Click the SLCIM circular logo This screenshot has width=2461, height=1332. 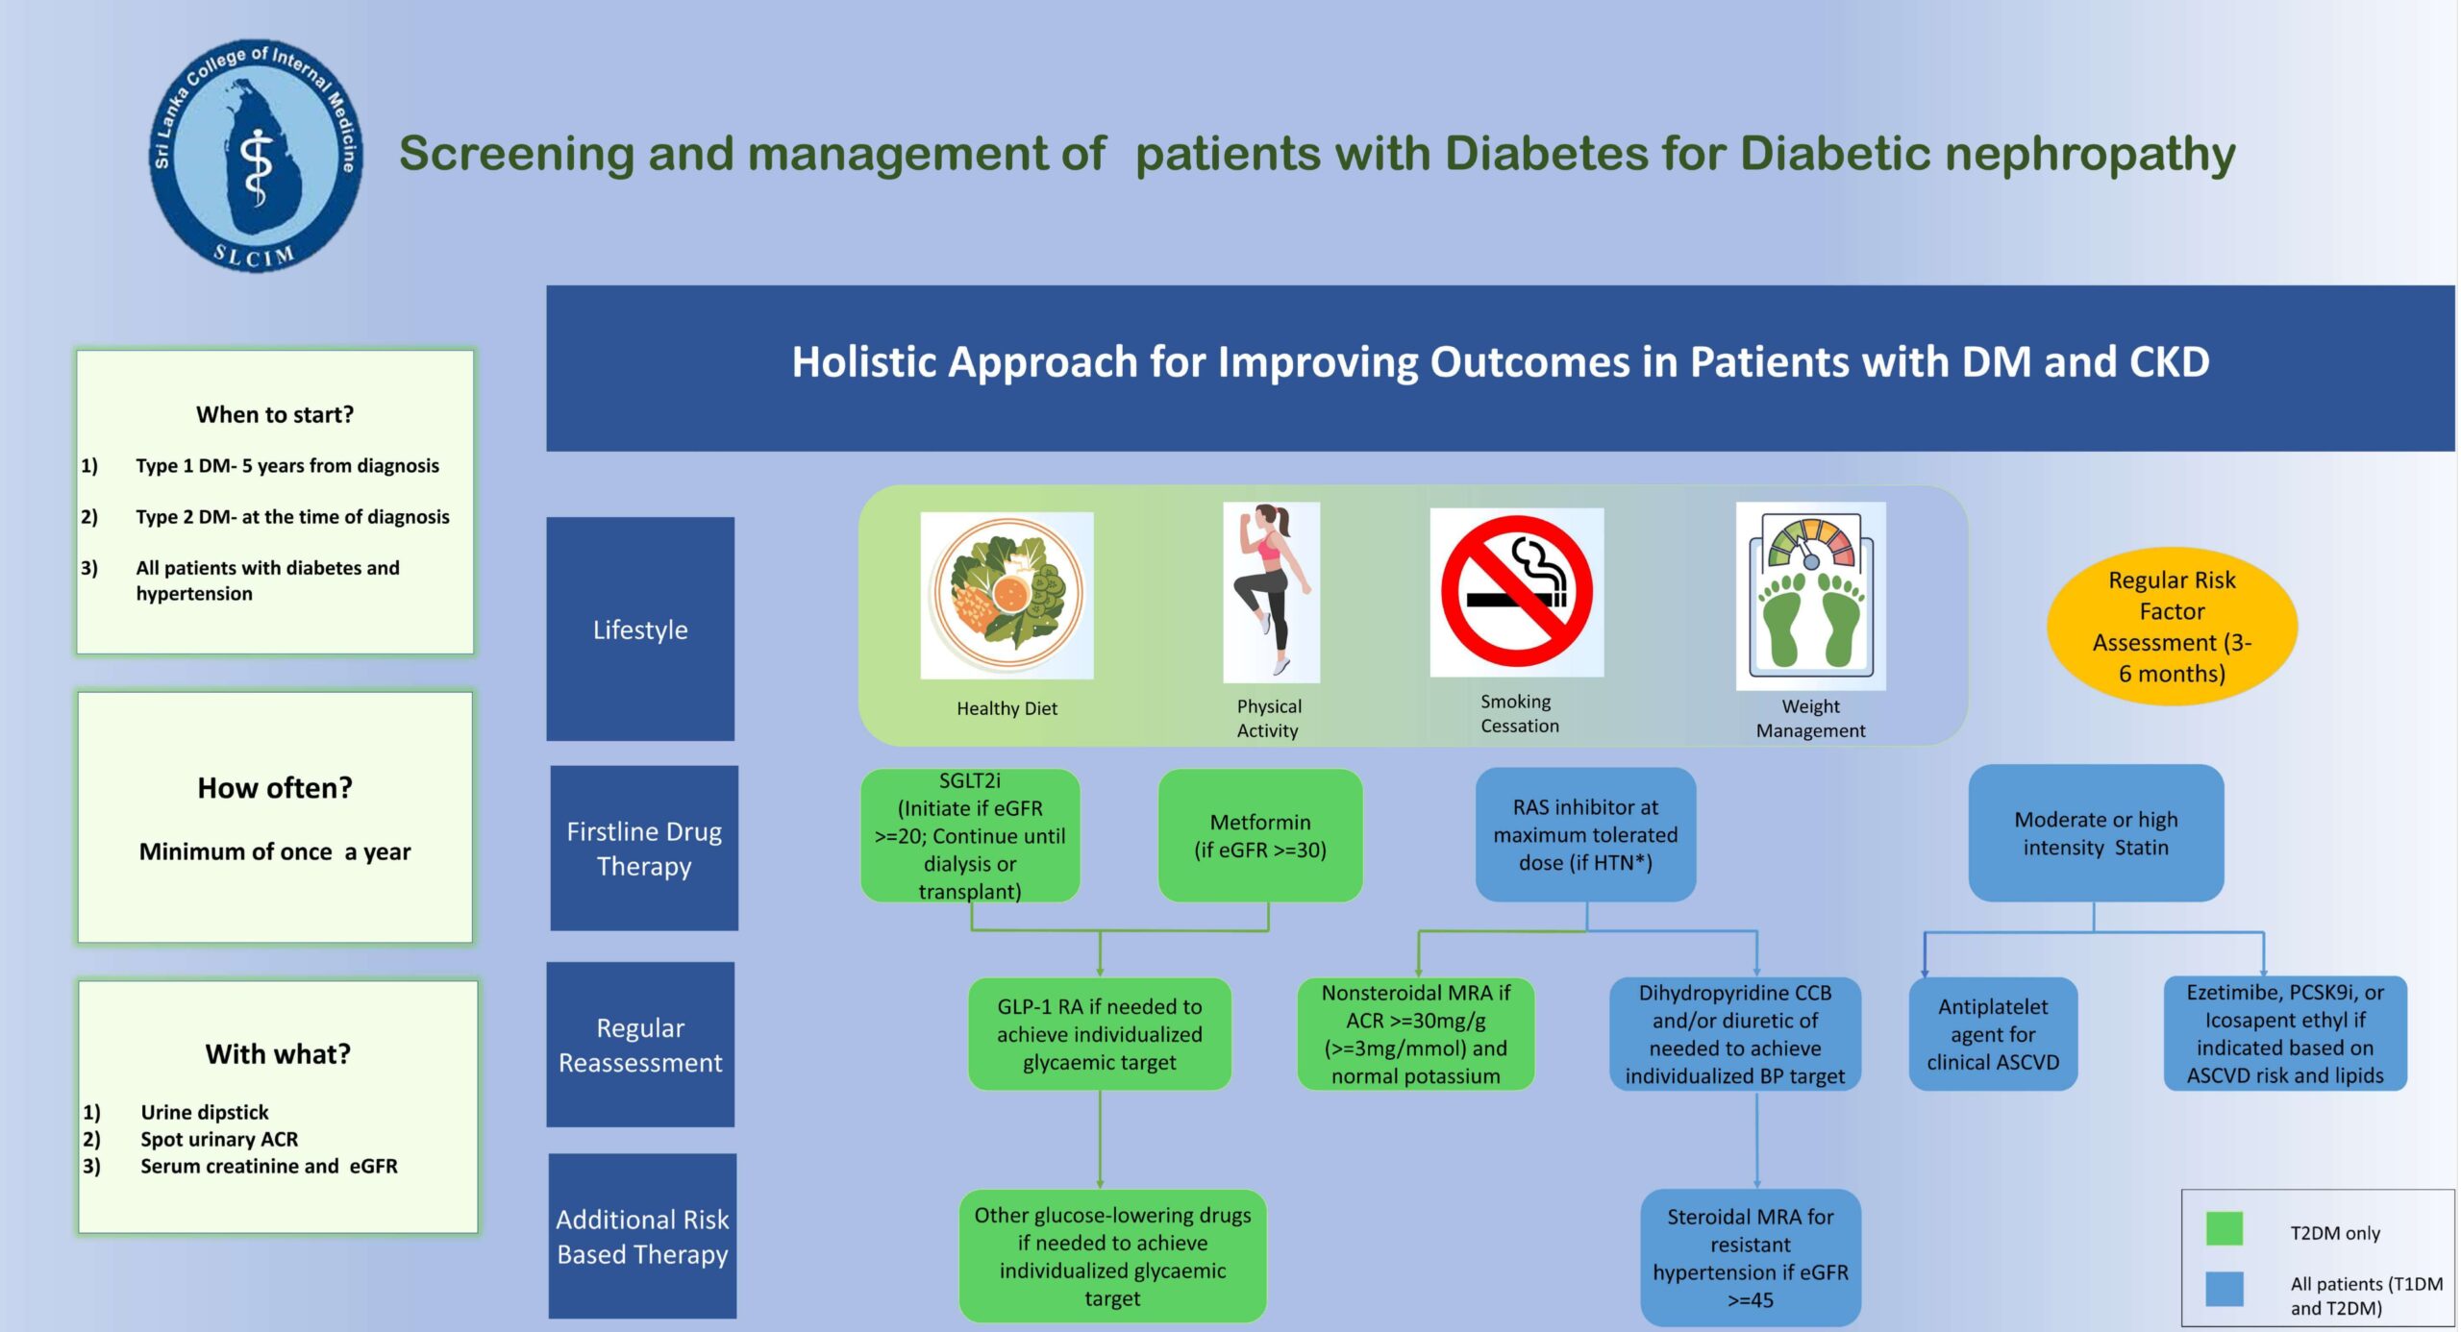tap(257, 156)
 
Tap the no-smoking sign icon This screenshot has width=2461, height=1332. tap(1516, 592)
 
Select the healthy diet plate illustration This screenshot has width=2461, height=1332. tap(1007, 594)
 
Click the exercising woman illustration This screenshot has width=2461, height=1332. tap(1271, 592)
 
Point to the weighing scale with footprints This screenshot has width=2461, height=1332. tap(1810, 596)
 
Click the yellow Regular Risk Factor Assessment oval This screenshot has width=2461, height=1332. tap(2172, 627)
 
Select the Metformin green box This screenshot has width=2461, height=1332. tap(1259, 835)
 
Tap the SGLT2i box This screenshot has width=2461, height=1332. tap(970, 835)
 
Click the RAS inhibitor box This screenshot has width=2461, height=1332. tap(1585, 834)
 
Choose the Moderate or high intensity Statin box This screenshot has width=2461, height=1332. tap(2096, 833)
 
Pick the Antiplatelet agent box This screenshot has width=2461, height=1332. tap(1993, 1034)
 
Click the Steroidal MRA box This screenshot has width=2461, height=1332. tap(1751, 1257)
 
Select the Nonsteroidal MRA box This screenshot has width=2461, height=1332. tap(1415, 1034)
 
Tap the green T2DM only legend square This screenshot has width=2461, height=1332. tap(2225, 1229)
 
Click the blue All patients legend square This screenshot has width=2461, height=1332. tap(2225, 1290)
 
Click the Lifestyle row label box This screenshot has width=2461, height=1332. tap(640, 629)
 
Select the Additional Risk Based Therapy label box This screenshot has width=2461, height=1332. tap(642, 1236)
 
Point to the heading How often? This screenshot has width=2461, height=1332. tap(275, 788)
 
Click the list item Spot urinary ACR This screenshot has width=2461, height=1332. tap(219, 1139)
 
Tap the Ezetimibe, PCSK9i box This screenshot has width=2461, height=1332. tap(2285, 1033)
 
